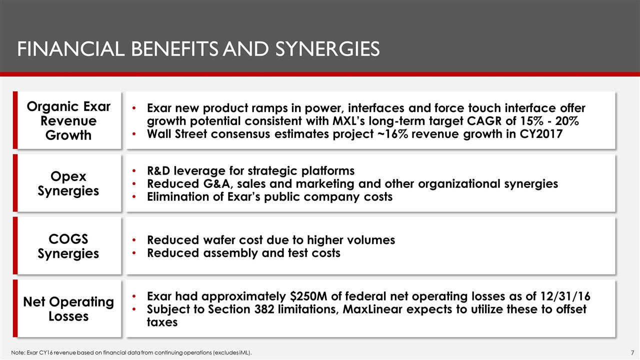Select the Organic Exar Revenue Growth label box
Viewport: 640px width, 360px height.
coord(68,120)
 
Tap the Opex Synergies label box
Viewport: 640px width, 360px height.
coord(68,183)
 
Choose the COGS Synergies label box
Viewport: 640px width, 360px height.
coord(68,246)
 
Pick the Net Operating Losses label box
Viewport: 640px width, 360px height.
coord(68,309)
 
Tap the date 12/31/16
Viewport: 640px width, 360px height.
coord(563,296)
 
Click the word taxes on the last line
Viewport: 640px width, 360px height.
coord(162,322)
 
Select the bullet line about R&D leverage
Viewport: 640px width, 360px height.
coord(250,170)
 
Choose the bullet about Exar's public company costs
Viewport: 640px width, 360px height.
coord(269,196)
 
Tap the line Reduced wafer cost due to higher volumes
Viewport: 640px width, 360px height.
coord(270,240)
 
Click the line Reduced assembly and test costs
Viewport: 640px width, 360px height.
coord(243,253)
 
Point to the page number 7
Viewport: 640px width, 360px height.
coord(632,353)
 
